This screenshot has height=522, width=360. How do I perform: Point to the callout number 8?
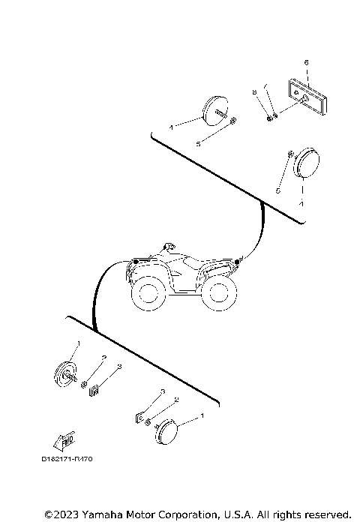pyautogui.click(x=254, y=92)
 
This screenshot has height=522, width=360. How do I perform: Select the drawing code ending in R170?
pyautogui.click(x=67, y=458)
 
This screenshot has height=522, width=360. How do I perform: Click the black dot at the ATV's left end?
pyautogui.click(x=135, y=262)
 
